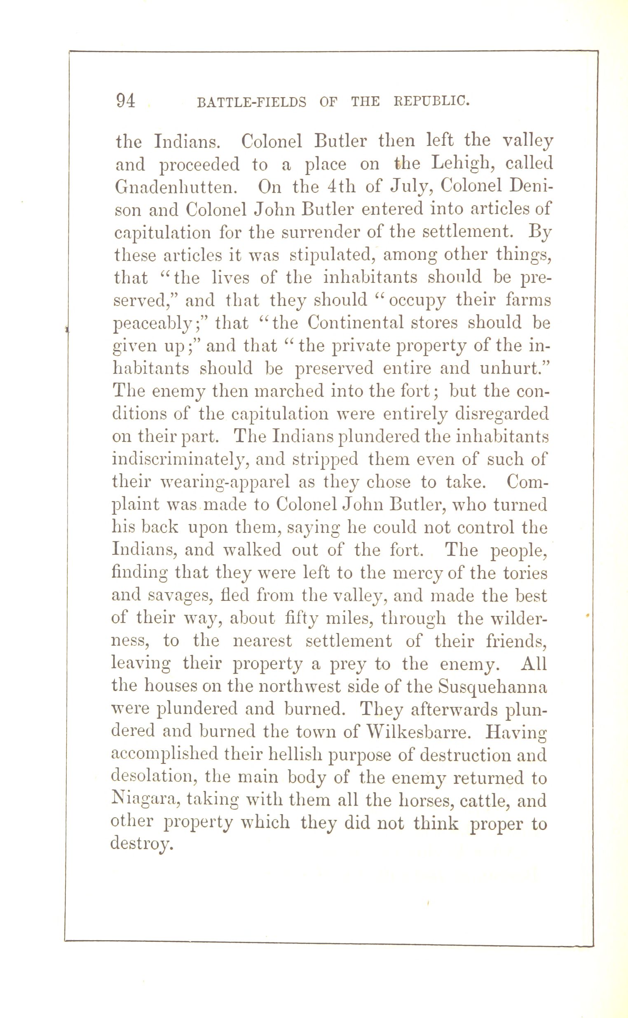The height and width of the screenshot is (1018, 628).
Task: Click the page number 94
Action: point(126,101)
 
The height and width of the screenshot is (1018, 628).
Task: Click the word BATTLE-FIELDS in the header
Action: point(251,102)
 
